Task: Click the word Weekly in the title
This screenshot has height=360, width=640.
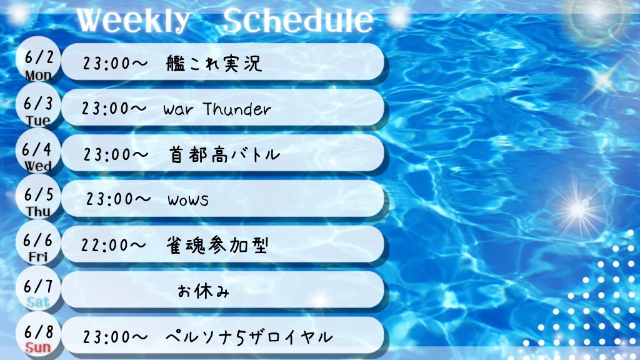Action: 132,21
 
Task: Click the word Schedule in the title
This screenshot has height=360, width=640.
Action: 298,21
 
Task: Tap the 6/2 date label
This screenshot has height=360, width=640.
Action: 39,57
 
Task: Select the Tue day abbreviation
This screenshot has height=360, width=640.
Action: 38,121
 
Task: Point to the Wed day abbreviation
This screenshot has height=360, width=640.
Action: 38,166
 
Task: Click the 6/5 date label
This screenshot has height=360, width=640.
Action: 39,195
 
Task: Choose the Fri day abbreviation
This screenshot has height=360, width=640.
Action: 38,257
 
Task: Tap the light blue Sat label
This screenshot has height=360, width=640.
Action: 38,302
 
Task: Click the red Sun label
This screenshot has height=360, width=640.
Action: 38,347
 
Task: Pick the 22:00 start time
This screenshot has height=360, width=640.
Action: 113,245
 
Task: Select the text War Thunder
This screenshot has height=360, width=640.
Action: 217,109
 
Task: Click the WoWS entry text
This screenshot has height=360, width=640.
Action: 188,199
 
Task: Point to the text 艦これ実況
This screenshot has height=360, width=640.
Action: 214,63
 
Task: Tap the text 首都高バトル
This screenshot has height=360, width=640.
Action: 224,155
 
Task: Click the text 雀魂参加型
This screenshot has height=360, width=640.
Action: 217,245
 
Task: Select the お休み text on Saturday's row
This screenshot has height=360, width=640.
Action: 203,291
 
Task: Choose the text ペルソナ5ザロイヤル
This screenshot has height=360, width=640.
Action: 249,337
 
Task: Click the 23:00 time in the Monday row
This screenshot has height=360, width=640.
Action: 115,63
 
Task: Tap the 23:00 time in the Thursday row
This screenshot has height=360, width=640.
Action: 118,199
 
